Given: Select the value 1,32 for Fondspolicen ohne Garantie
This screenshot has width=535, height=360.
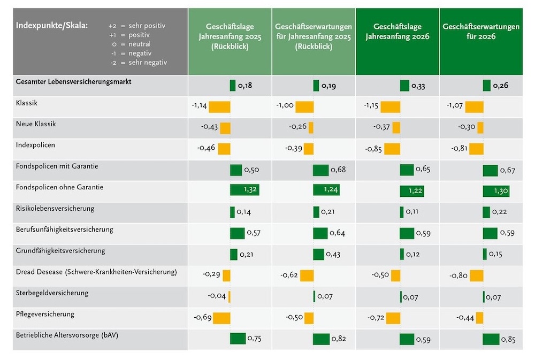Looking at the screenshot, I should click(x=247, y=190).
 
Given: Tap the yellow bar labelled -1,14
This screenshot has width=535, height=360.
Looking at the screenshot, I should click(x=219, y=106).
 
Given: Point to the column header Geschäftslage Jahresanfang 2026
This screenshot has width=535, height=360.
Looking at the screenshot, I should click(x=398, y=32).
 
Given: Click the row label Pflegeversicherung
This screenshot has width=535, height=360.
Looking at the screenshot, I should click(x=45, y=314).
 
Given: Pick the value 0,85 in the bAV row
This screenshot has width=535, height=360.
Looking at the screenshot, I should click(x=509, y=340).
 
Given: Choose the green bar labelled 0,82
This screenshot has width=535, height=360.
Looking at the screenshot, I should click(x=321, y=339).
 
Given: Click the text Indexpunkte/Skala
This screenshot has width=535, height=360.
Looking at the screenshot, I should click(x=52, y=25).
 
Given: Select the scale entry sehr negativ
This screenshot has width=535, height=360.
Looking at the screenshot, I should click(x=148, y=62).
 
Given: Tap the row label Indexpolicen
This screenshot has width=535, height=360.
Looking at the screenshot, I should click(x=35, y=145).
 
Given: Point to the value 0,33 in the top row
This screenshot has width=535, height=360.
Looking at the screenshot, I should click(x=418, y=86).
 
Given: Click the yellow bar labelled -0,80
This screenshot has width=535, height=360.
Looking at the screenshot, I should click(x=476, y=275).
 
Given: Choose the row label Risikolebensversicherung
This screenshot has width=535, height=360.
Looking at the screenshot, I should click(x=56, y=208).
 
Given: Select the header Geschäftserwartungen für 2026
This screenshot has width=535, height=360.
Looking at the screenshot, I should click(x=480, y=32).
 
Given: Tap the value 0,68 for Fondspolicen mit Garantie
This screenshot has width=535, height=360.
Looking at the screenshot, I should click(x=338, y=170).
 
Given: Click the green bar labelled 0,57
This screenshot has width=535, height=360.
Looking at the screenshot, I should click(x=237, y=233).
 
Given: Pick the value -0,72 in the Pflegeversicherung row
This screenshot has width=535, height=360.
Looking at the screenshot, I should click(x=377, y=318).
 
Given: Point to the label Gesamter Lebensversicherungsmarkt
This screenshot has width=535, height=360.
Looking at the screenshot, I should click(x=74, y=81).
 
